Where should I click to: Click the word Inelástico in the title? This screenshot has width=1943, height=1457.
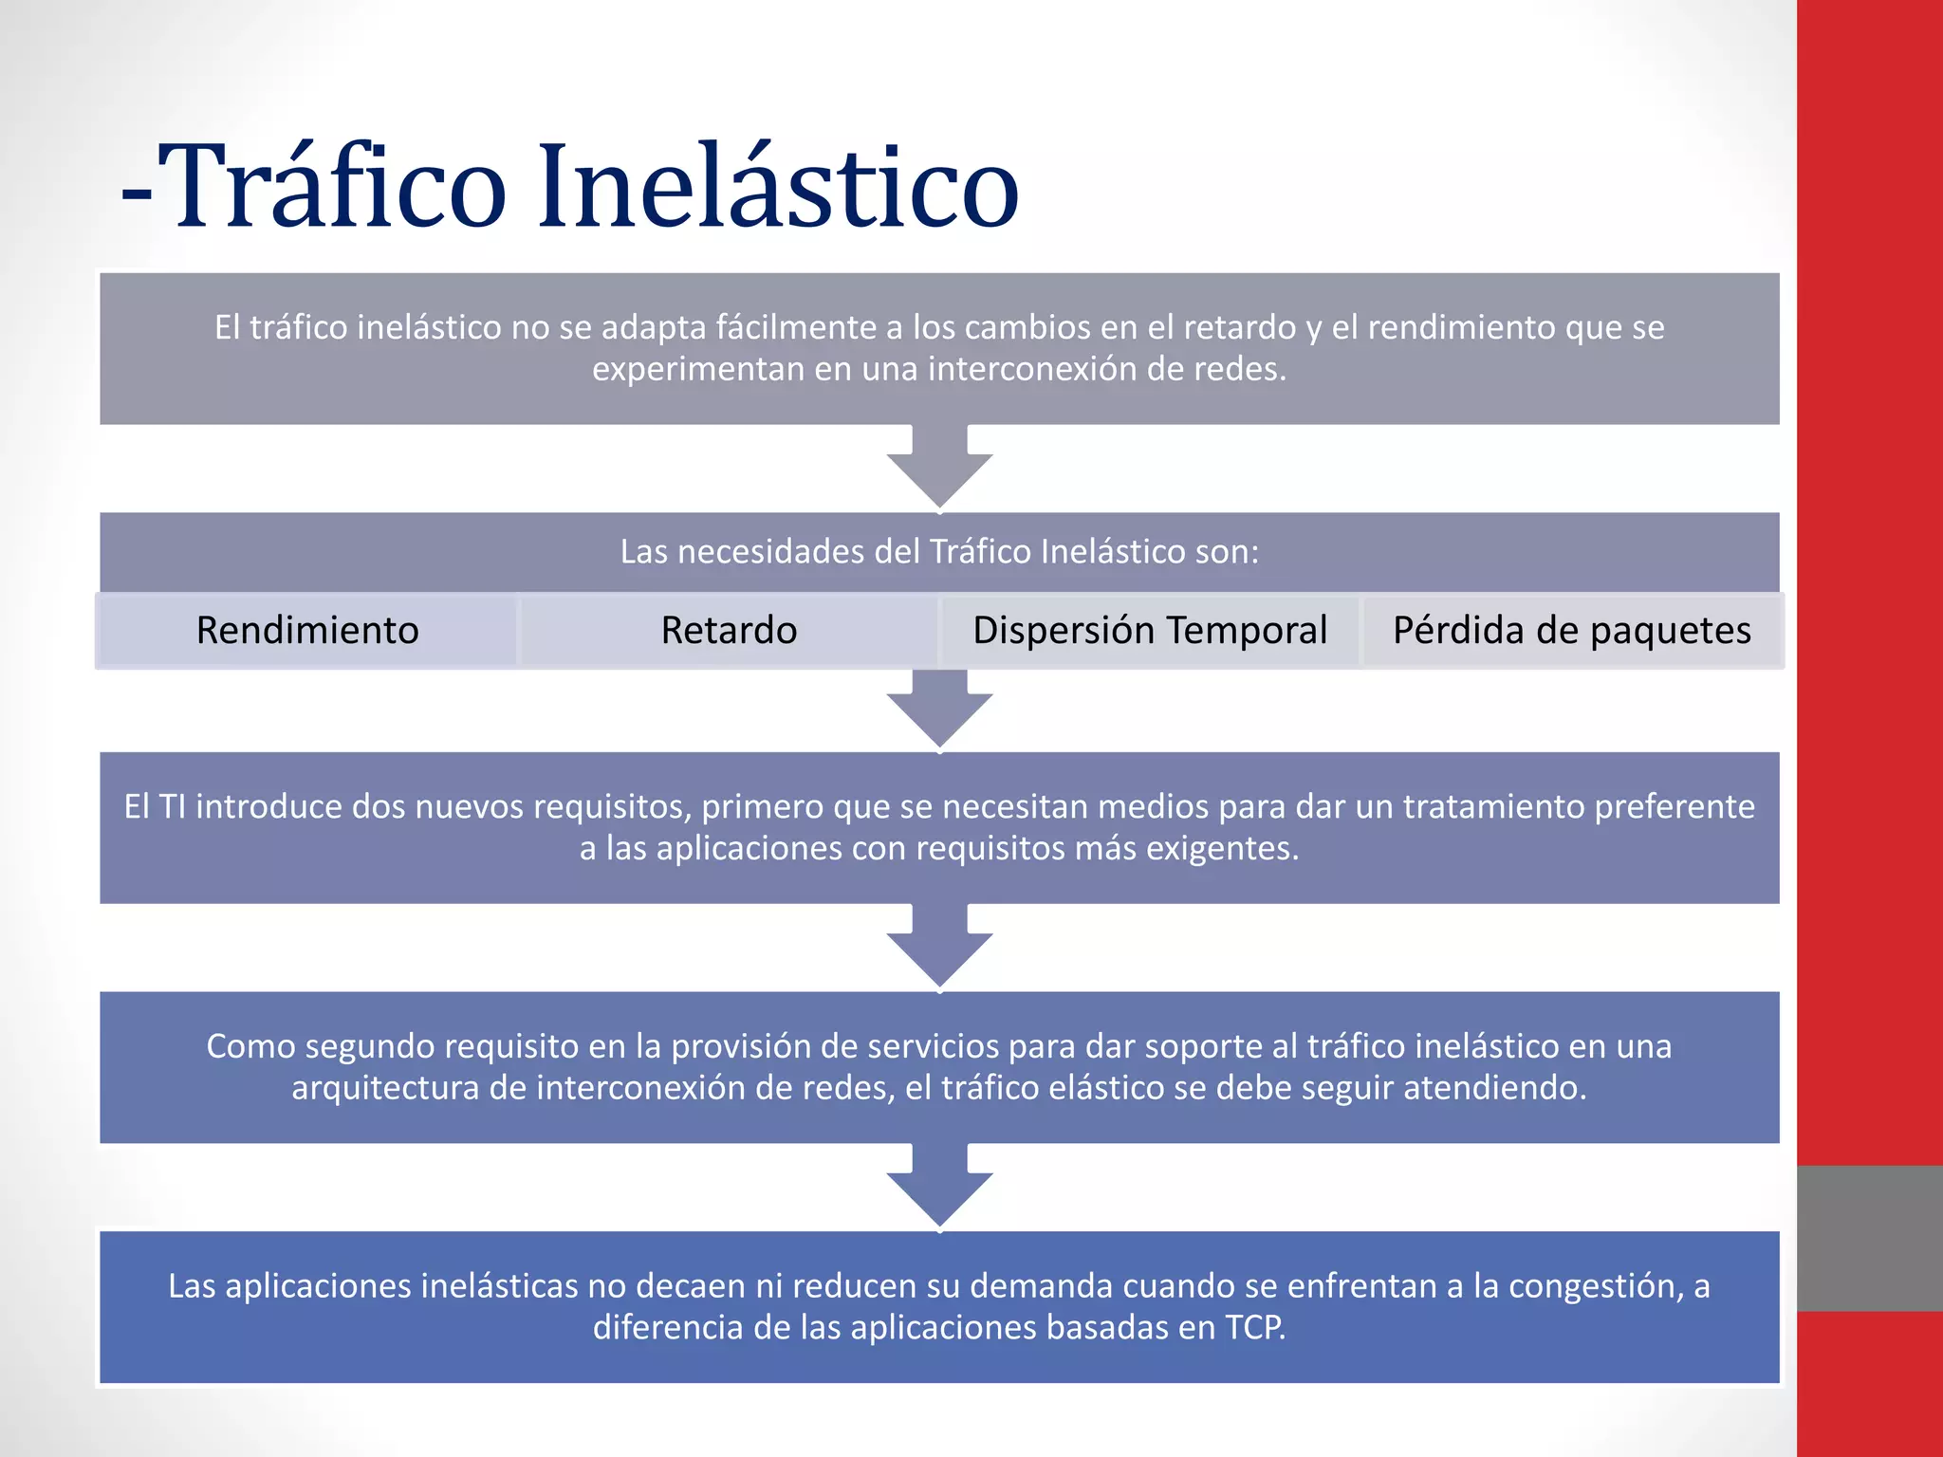778,185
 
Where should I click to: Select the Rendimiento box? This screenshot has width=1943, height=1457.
307,631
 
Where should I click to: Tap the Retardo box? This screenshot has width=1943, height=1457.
729,631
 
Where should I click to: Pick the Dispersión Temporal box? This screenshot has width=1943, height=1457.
1150,631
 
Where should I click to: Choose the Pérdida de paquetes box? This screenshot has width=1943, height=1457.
1572,631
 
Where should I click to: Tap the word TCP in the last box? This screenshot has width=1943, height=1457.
1254,1327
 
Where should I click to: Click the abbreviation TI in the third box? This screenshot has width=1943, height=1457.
172,806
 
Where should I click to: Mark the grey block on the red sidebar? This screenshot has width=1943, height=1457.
1869,1238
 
